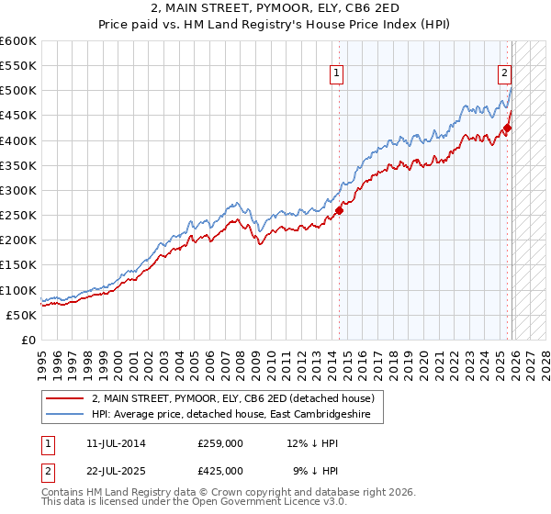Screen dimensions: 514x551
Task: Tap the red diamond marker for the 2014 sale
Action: tap(339, 210)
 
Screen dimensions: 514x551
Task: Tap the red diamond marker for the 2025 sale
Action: tap(508, 128)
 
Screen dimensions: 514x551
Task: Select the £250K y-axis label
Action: tap(18, 215)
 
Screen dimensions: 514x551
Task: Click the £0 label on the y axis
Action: tap(29, 340)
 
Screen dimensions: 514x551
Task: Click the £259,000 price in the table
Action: tap(219, 443)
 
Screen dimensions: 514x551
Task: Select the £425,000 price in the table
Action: tap(219, 471)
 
